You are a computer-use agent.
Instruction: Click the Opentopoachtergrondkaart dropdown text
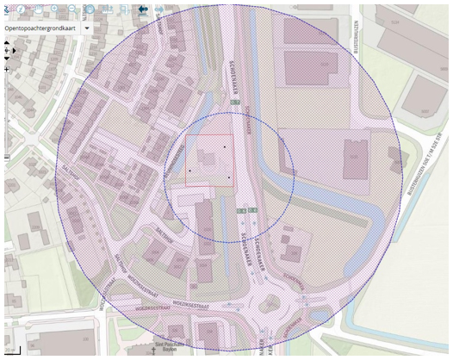(x=40, y=28)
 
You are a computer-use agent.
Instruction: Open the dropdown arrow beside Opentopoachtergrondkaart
(x=88, y=28)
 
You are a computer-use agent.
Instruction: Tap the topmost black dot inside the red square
(x=225, y=147)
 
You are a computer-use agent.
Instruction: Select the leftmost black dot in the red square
(x=189, y=171)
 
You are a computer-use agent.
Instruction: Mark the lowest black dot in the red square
(x=230, y=177)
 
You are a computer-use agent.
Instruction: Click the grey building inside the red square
(x=208, y=159)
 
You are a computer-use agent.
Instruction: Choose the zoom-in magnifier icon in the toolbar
(x=54, y=9)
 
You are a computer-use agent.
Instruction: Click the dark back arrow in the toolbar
(x=141, y=9)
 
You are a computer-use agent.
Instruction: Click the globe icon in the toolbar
(x=90, y=9)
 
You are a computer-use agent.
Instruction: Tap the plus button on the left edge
(x=7, y=68)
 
